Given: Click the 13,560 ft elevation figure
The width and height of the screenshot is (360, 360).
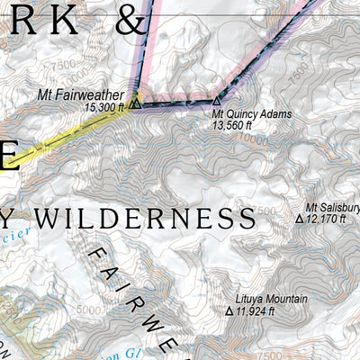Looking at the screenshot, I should point(232,126).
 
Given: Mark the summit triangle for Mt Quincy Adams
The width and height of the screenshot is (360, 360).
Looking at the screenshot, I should point(216,103).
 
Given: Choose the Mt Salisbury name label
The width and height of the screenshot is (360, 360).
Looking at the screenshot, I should point(332,207).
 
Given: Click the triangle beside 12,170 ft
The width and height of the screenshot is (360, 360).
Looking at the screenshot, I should point(300,219).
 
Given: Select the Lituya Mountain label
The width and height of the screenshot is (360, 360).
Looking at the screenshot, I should point(273,300).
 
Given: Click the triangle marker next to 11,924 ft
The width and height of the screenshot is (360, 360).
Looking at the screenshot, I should point(229,311).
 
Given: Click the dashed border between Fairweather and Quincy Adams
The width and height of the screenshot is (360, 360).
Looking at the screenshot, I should point(175,103).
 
